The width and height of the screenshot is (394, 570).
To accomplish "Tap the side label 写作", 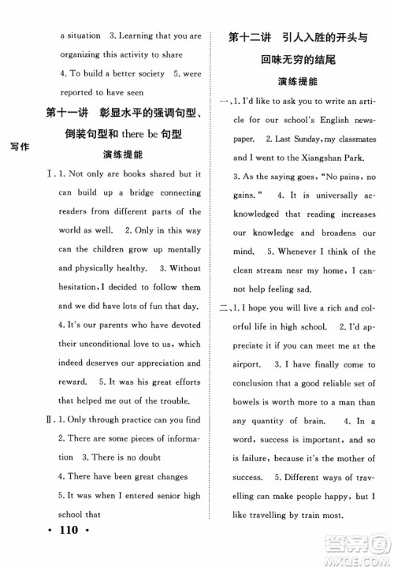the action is coord(20,147).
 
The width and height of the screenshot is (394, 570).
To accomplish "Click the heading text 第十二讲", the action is coord(249,36).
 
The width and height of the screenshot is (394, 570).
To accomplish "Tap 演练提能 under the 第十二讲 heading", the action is coord(299,80).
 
